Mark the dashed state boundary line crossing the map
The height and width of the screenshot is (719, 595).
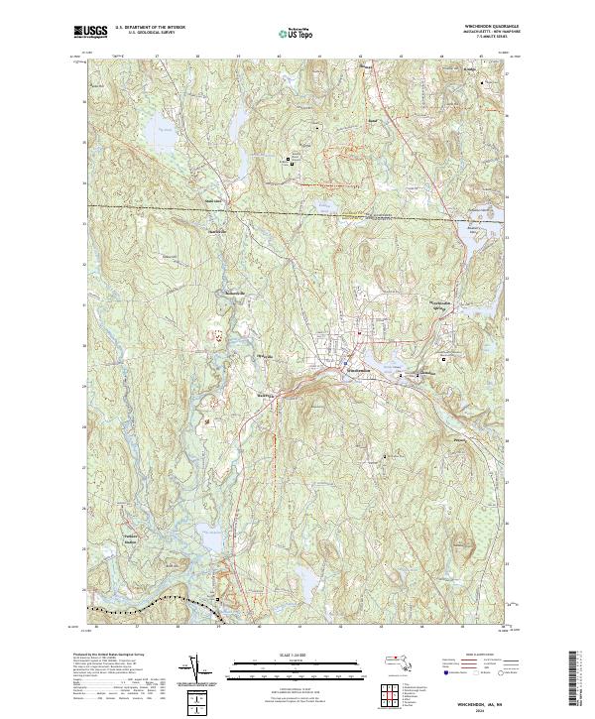pos(297,212)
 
